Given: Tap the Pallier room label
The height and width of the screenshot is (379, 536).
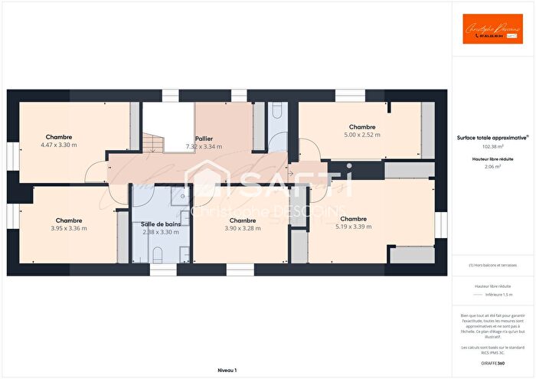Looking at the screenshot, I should (x=204, y=138).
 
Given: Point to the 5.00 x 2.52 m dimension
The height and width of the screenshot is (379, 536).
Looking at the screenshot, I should (x=362, y=135).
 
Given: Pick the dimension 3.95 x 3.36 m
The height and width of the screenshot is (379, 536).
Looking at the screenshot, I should (x=69, y=228).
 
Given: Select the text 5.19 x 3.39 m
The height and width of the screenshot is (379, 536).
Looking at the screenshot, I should (x=353, y=227).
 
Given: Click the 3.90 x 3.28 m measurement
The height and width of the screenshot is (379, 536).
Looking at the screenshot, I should (x=242, y=228).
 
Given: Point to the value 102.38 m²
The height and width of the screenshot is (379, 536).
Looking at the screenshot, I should (x=493, y=145).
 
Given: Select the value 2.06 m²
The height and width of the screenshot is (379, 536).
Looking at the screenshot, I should (x=493, y=165).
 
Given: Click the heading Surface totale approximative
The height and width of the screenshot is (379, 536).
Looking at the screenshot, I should (x=493, y=138).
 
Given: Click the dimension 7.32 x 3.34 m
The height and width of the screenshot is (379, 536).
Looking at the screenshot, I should (x=204, y=146).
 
